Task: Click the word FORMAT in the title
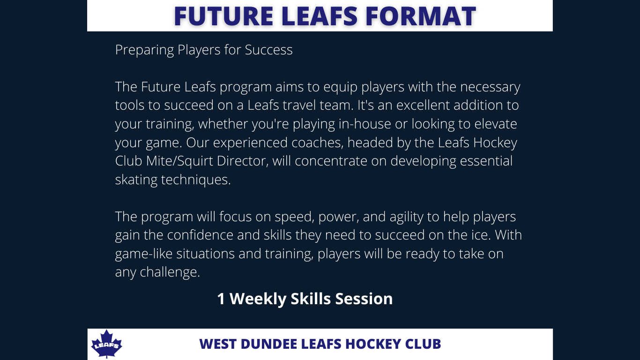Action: (x=421, y=16)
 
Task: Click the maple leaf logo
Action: (x=106, y=344)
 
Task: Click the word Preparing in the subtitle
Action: (x=144, y=50)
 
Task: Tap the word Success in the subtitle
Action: (x=268, y=50)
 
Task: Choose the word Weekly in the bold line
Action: (x=258, y=299)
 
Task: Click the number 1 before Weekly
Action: (x=221, y=299)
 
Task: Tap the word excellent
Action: (x=423, y=105)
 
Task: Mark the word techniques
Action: (x=196, y=180)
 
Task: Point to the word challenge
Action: (x=170, y=272)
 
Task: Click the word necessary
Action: (x=490, y=87)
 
